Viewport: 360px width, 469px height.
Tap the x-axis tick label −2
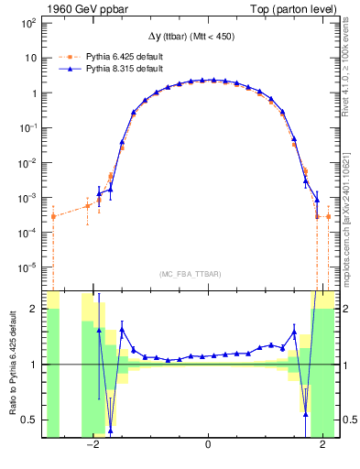pos(93,445)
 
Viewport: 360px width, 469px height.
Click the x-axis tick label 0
pos(209,445)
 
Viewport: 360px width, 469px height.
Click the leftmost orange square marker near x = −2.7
pos(53,216)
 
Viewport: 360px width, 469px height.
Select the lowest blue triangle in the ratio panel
pos(110,430)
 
